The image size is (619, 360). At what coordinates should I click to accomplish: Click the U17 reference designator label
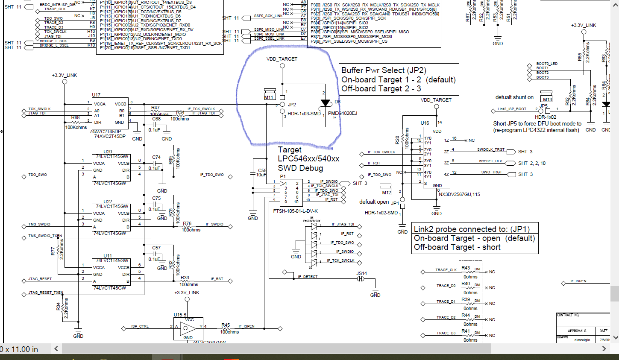click(x=96, y=95)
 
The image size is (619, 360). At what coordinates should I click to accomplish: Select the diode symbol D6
click(x=326, y=103)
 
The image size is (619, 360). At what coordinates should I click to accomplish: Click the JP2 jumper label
click(x=292, y=105)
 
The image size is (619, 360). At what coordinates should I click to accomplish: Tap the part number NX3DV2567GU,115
click(x=459, y=194)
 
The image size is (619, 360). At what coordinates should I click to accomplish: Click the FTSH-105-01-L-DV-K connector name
click(x=295, y=211)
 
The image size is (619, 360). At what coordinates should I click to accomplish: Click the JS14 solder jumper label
click(x=361, y=273)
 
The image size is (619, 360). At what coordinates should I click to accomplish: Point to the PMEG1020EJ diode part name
click(x=342, y=114)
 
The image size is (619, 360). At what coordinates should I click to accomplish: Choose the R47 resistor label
click(x=155, y=108)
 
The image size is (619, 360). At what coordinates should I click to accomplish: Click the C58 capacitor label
click(x=262, y=170)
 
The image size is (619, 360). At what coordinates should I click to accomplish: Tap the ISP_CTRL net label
click(x=140, y=326)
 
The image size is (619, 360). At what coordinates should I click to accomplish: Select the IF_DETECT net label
click(x=308, y=277)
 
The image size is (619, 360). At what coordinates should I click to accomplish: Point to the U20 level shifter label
click(x=108, y=152)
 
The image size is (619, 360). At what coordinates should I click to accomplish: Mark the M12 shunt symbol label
click(x=386, y=193)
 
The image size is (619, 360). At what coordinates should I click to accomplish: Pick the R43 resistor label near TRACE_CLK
click(x=466, y=268)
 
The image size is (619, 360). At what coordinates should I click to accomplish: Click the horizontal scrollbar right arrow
click(x=604, y=349)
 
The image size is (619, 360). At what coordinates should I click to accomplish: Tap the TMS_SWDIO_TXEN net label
click(x=45, y=236)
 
